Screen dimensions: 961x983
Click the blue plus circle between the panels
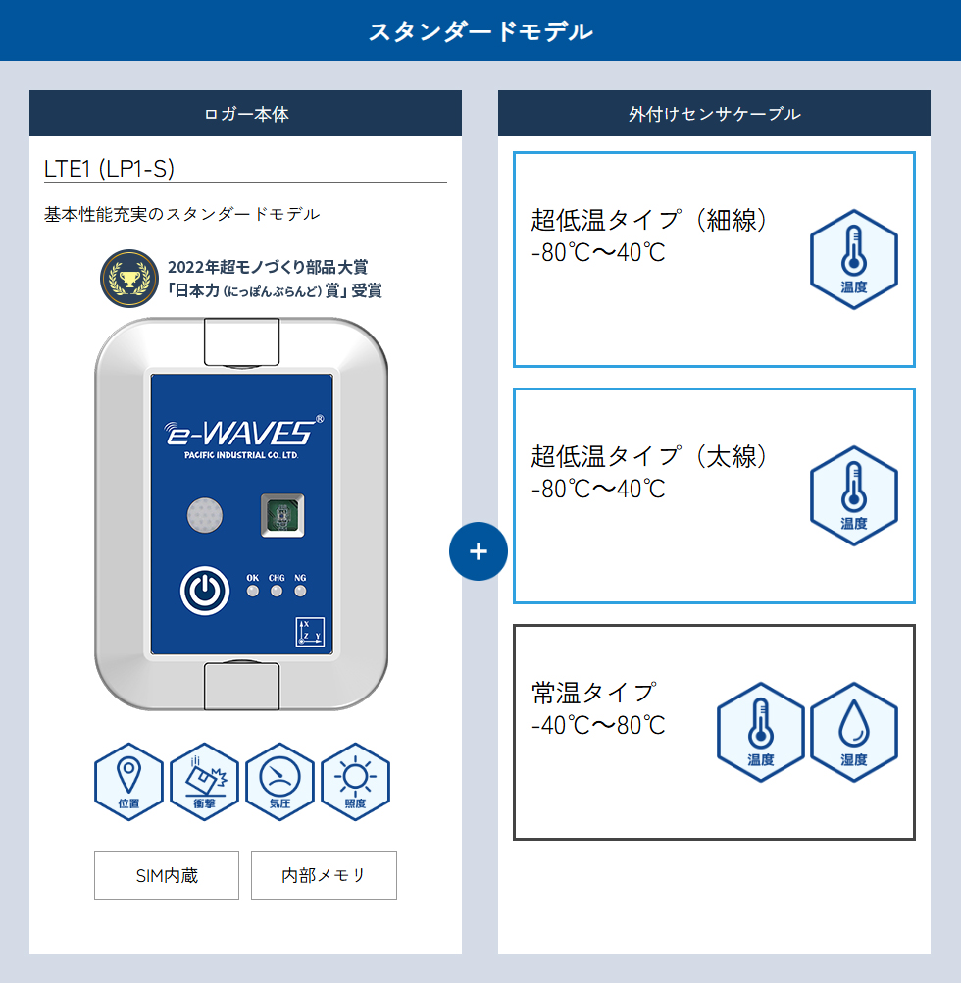click(x=479, y=551)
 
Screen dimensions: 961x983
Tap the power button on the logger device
click(x=204, y=591)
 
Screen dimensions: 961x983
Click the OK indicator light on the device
click(x=252, y=591)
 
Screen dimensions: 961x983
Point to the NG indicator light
click(x=301, y=591)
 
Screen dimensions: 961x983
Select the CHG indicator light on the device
click(x=277, y=591)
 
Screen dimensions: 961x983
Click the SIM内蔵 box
click(x=167, y=875)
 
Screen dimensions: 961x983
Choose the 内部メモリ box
click(x=324, y=875)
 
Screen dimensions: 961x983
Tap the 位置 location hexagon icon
click(x=129, y=782)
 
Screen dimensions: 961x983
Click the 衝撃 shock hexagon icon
click(x=204, y=782)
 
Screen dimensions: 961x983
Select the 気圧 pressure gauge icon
click(x=280, y=782)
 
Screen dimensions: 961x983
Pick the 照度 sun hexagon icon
click(x=355, y=782)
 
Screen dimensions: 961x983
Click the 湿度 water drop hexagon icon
click(x=854, y=732)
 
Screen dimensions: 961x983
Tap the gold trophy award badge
click(x=129, y=279)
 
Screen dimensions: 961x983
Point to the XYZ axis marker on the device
click(x=310, y=632)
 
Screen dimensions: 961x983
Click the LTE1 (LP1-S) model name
click(x=109, y=169)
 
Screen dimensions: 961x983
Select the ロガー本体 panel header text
click(x=246, y=114)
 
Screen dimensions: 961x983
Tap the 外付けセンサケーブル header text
click(x=715, y=114)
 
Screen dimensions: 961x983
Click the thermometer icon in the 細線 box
click(x=854, y=260)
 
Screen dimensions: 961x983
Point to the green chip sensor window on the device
click(x=282, y=515)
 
